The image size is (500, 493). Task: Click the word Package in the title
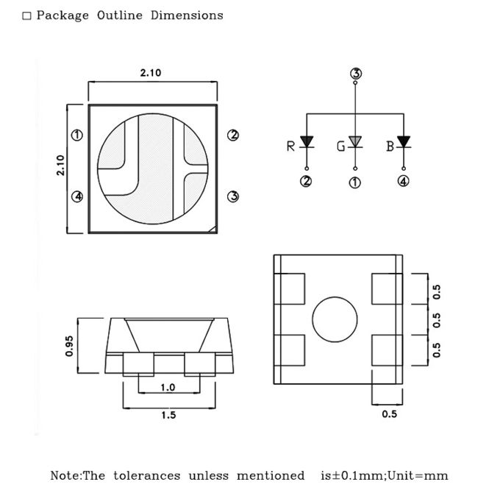click(63, 15)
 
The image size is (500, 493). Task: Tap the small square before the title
click(27, 15)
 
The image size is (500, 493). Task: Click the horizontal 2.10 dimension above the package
click(151, 73)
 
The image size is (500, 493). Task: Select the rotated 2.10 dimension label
click(61, 165)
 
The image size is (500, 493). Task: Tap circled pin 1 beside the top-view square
click(76, 135)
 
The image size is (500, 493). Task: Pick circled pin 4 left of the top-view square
click(76, 196)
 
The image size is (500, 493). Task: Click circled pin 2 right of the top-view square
click(233, 135)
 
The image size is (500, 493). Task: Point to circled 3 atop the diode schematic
click(356, 74)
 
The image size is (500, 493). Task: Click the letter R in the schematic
click(290, 146)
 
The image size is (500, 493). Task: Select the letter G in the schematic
click(340, 146)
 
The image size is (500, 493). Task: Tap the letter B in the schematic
click(390, 146)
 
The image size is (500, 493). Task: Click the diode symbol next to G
click(356, 141)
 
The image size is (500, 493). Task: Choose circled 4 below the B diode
click(404, 182)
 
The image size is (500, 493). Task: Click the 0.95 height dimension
click(70, 346)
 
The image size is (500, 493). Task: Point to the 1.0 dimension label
click(168, 388)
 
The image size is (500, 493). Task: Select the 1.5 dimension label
click(168, 415)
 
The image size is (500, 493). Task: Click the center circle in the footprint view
click(335, 320)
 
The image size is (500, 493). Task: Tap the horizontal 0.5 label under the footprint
click(390, 414)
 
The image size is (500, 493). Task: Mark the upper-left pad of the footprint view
click(290, 288)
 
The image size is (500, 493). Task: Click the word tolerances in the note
click(146, 475)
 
